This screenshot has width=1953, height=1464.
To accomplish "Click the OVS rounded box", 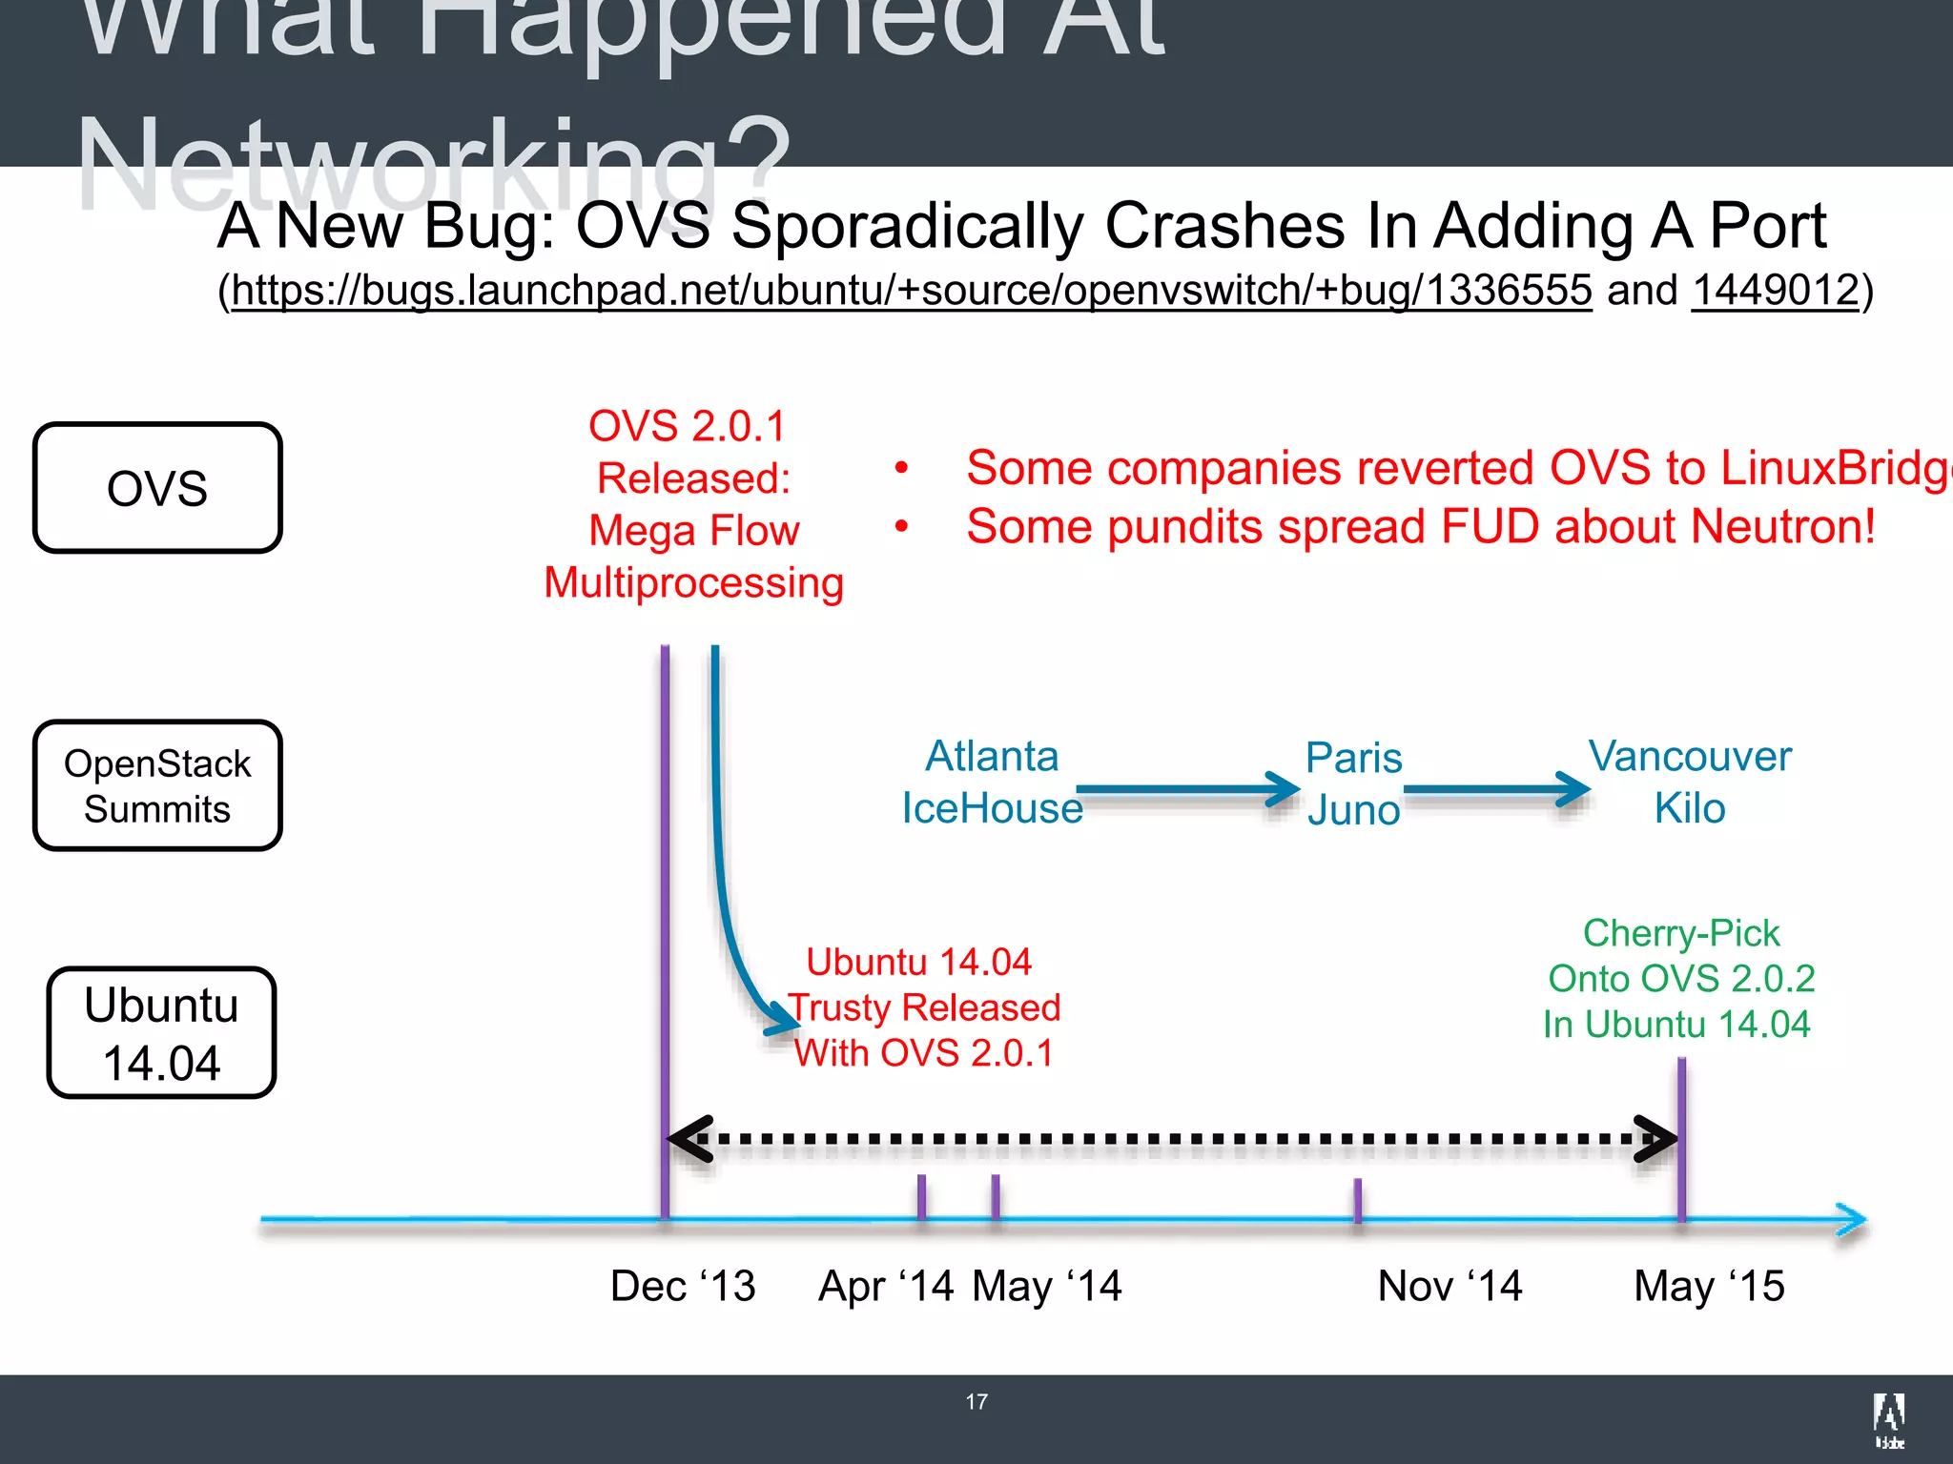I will pyautogui.click(x=157, y=488).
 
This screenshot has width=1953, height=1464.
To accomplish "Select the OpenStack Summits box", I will pyautogui.click(x=157, y=785).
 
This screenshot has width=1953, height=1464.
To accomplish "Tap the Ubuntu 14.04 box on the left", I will pyautogui.click(x=161, y=1033).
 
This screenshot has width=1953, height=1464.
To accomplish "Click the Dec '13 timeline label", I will pyautogui.click(x=683, y=1286).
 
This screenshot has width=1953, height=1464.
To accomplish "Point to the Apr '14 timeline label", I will pyautogui.click(x=886, y=1286).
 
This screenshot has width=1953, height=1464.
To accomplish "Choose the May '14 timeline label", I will pyautogui.click(x=1047, y=1286).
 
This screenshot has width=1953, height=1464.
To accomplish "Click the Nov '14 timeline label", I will pyautogui.click(x=1449, y=1286).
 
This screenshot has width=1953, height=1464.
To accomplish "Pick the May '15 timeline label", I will pyautogui.click(x=1709, y=1286).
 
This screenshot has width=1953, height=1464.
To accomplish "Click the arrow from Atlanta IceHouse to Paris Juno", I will pyautogui.click(x=1187, y=789).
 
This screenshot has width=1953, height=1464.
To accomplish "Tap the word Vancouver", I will pyautogui.click(x=1690, y=757).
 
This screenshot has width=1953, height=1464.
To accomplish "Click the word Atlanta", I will pyautogui.click(x=992, y=757).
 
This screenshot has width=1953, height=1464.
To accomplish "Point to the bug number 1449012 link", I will pyautogui.click(x=1776, y=290).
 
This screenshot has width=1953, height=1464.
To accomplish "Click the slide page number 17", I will pyautogui.click(x=976, y=1402).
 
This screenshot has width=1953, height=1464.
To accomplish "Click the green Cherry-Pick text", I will pyautogui.click(x=1681, y=933).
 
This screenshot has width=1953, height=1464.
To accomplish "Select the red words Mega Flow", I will pyautogui.click(x=694, y=531).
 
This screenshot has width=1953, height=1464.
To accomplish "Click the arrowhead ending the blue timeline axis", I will pyautogui.click(x=1852, y=1220).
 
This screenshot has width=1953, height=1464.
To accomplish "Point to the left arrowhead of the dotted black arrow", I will pyautogui.click(x=689, y=1138).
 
